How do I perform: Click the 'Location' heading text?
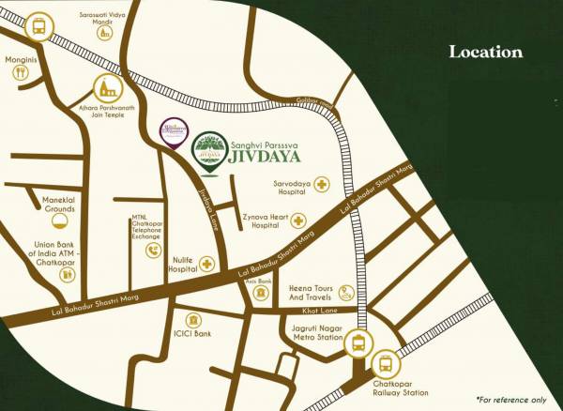(485, 52)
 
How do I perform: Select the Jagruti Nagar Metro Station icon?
(358, 343)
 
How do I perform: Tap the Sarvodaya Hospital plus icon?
(322, 184)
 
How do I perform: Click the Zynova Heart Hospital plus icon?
(298, 221)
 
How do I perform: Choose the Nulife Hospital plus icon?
(205, 266)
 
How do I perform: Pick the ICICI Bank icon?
(194, 319)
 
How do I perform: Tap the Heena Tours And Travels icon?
(346, 291)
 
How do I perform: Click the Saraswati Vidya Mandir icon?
(105, 30)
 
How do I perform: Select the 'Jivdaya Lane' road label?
(207, 205)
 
